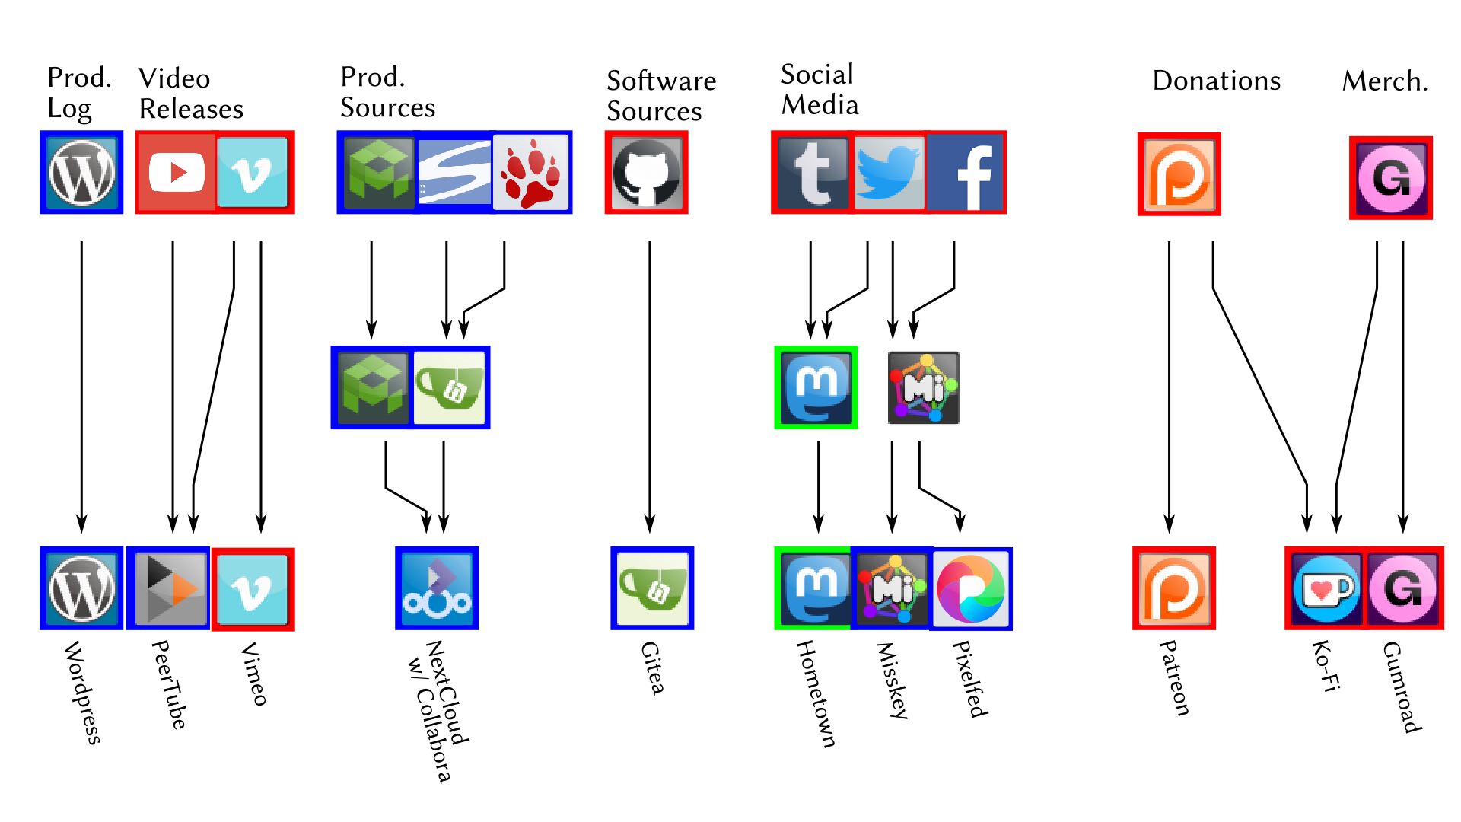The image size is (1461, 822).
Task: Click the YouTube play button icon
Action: click(x=177, y=173)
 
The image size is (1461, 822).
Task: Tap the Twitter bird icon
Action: click(x=888, y=173)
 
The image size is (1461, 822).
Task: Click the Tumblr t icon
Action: click(x=811, y=173)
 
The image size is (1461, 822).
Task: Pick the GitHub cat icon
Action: click(x=647, y=173)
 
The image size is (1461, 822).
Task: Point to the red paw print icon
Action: click(x=531, y=173)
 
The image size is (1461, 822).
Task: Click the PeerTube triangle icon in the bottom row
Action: click(x=169, y=588)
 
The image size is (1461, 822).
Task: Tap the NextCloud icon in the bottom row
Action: click(x=437, y=588)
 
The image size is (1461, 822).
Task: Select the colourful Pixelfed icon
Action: click(x=971, y=589)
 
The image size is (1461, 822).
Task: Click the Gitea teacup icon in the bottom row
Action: click(x=653, y=588)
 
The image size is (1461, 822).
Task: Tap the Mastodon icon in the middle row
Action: click(x=816, y=387)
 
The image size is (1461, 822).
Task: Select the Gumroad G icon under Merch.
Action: click(x=1391, y=178)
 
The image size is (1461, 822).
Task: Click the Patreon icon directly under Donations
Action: click(x=1179, y=174)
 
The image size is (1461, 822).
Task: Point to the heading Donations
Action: click(x=1216, y=81)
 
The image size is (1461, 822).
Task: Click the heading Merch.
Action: click(x=1385, y=81)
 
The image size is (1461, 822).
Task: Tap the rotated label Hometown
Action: click(x=816, y=693)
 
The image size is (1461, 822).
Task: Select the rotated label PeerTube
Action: click(x=169, y=684)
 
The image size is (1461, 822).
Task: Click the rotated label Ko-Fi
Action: click(x=1326, y=666)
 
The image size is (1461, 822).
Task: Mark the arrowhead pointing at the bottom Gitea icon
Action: click(x=650, y=524)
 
